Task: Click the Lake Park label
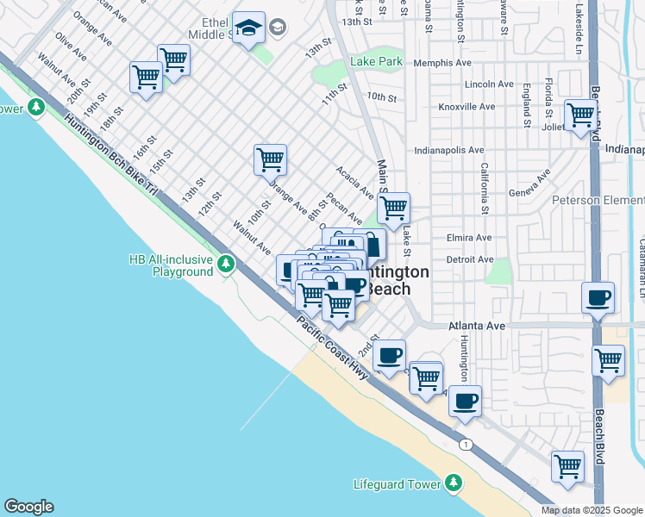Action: (377, 62)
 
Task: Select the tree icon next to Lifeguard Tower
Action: (454, 484)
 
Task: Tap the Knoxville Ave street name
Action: (467, 107)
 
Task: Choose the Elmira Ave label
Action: (469, 238)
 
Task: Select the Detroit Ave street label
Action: (469, 259)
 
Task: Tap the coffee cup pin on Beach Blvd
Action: (598, 299)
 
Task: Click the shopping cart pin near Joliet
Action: (580, 114)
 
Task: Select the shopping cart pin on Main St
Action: (393, 208)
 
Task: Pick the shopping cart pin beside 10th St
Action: (270, 159)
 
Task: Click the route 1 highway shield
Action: (467, 444)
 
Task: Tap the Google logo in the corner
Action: (28, 507)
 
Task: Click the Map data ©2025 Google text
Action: (591, 510)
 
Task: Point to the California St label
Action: (485, 189)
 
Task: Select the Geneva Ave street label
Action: (529, 184)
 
